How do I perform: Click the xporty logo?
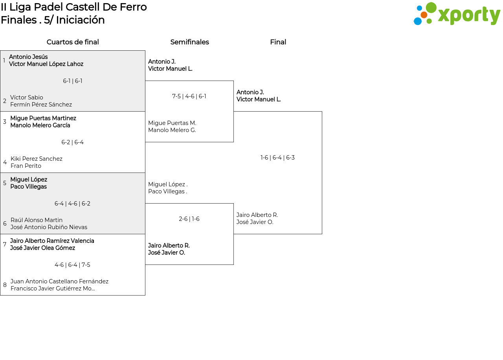click(x=457, y=13)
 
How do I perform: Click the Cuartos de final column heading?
click(x=73, y=42)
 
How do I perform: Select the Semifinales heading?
click(x=189, y=42)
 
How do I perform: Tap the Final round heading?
click(x=278, y=42)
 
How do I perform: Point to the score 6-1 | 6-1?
click(x=73, y=81)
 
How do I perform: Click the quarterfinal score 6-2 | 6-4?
click(x=73, y=142)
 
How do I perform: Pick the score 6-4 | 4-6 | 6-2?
click(x=72, y=204)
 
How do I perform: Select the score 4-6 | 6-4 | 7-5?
click(x=72, y=265)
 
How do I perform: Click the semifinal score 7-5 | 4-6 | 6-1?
click(x=189, y=96)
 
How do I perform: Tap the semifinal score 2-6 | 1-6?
click(x=189, y=219)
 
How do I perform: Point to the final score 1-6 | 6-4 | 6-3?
click(x=277, y=158)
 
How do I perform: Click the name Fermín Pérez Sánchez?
click(x=41, y=105)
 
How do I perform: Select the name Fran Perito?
click(x=26, y=166)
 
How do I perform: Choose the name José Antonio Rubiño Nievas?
click(x=49, y=227)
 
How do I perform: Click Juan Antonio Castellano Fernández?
click(x=59, y=281)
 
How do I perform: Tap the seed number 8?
click(x=5, y=285)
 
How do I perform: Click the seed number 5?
click(x=5, y=183)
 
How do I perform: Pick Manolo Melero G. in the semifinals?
click(x=172, y=130)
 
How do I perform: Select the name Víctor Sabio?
click(x=26, y=97)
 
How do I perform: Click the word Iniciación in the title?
click(x=81, y=20)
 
